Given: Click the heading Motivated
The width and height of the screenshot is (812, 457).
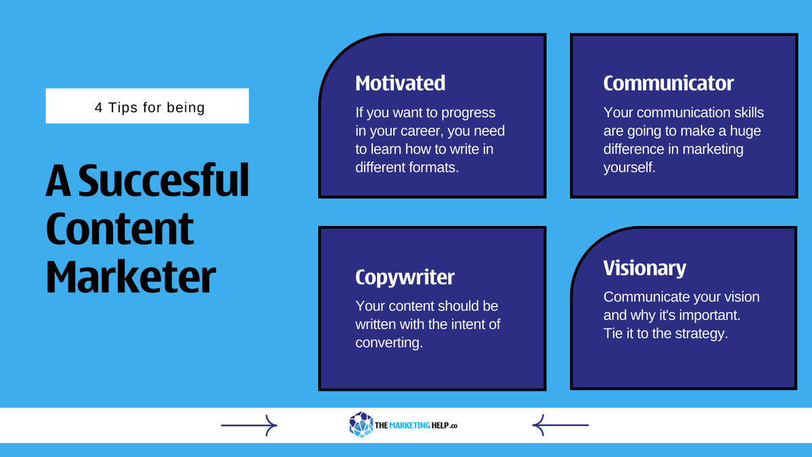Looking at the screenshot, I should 400,83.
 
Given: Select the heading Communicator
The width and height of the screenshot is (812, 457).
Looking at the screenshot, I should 668,83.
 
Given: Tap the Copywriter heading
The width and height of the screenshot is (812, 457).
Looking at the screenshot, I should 405,277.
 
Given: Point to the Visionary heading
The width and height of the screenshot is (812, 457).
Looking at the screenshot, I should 644,268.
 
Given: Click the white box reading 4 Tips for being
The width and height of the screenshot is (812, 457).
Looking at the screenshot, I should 147,106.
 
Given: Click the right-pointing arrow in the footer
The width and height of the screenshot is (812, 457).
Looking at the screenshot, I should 249,425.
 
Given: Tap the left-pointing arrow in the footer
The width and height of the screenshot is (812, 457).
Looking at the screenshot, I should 560,425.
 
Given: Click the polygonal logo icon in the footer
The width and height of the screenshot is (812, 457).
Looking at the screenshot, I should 361,425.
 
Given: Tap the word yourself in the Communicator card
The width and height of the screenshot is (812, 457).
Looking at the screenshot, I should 629,167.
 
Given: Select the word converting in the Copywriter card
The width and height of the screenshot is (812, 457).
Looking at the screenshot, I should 388,343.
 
